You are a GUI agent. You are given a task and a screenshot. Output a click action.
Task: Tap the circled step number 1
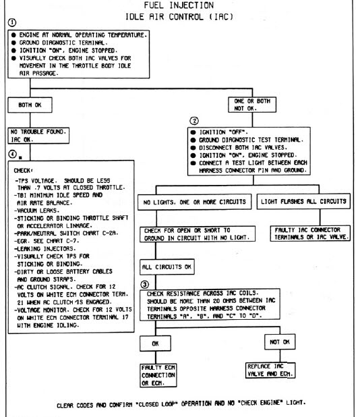9,29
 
